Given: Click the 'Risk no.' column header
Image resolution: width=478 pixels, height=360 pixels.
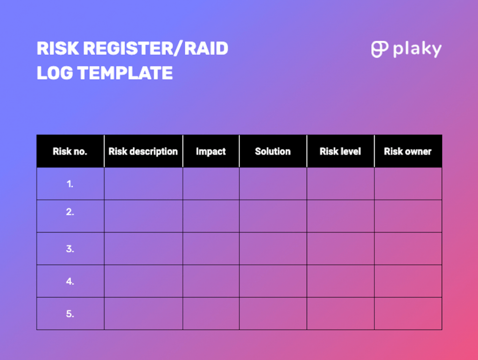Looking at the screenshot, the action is coord(70,151).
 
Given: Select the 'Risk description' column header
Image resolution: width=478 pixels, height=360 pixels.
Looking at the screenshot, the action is coord(143,151).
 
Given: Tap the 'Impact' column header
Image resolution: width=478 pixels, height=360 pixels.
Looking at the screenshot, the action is coord(211,151).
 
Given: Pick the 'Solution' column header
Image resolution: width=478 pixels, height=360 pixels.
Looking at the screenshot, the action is coord(273,151).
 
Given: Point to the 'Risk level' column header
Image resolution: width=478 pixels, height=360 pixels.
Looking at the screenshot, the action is coord(340,151).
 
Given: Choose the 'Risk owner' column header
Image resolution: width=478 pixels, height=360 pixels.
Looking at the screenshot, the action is coord(408,151).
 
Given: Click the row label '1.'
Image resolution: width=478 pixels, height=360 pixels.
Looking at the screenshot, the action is coord(70,184).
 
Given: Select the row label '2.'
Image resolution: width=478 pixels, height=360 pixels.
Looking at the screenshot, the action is coord(70,212).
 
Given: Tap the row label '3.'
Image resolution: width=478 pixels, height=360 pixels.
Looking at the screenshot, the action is coord(70,249).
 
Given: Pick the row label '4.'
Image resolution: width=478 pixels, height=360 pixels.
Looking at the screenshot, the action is coord(70,281).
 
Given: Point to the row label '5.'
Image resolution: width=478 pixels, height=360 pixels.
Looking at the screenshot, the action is coord(70,314).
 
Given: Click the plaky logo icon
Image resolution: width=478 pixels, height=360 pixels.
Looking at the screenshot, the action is coord(380,49).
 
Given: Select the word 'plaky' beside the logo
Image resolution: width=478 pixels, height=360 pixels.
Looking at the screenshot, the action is coord(417,49).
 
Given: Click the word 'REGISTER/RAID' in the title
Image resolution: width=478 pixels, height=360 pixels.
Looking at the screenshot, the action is coord(156,48).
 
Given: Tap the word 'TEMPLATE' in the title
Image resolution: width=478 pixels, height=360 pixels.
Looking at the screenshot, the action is coord(125,73).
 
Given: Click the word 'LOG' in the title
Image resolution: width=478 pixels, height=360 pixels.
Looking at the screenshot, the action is coord(55,73).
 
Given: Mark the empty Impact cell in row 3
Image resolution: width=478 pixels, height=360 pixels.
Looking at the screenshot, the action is coord(211,248).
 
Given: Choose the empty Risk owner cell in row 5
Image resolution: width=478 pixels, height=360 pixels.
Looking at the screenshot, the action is coord(408,313).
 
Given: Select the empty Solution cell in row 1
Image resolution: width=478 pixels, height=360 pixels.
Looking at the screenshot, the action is coord(273,184).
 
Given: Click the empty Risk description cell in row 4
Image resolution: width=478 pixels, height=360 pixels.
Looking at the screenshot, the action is coord(143,281).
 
